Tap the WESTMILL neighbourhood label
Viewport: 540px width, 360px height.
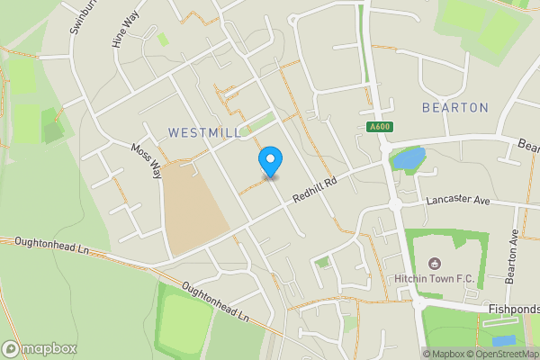click(204, 132)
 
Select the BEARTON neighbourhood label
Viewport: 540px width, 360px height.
click(455, 108)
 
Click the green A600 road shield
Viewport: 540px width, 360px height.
click(379, 128)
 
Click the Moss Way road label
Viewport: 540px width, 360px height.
click(146, 160)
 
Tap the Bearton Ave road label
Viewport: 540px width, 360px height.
click(513, 256)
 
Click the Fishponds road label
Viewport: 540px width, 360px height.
click(512, 310)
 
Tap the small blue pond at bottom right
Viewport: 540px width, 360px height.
click(504, 341)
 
